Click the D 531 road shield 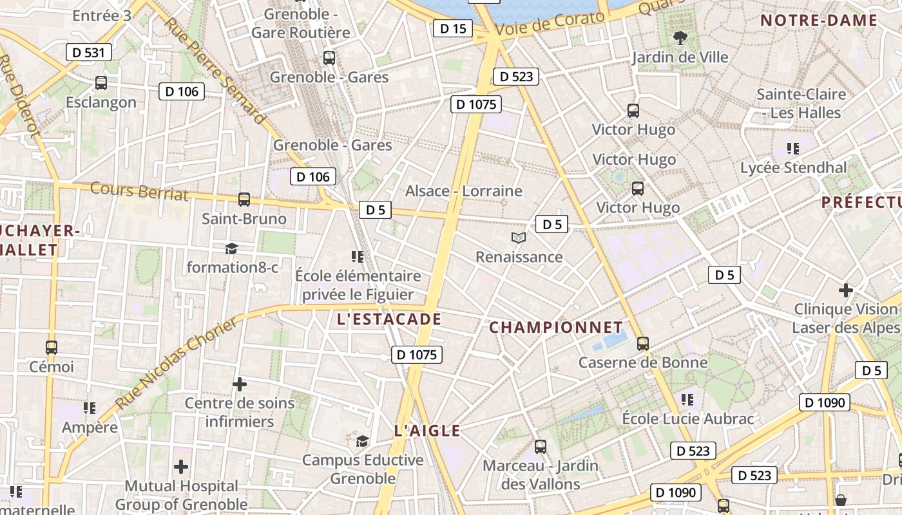click(89, 52)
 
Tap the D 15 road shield click(453, 28)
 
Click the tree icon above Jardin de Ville click(680, 38)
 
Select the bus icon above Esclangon click(101, 83)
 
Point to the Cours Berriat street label click(139, 191)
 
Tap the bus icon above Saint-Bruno click(244, 200)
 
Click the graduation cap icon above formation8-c click(231, 248)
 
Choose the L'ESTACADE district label click(389, 319)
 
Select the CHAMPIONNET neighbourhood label click(556, 328)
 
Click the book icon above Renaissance click(519, 238)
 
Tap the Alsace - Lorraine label click(463, 191)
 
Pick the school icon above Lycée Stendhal click(793, 149)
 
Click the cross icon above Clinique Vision click(846, 290)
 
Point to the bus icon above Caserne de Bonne click(643, 344)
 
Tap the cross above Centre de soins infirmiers click(240, 385)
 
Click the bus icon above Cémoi click(52, 348)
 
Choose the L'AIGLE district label click(427, 431)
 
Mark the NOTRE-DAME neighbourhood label click(819, 21)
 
